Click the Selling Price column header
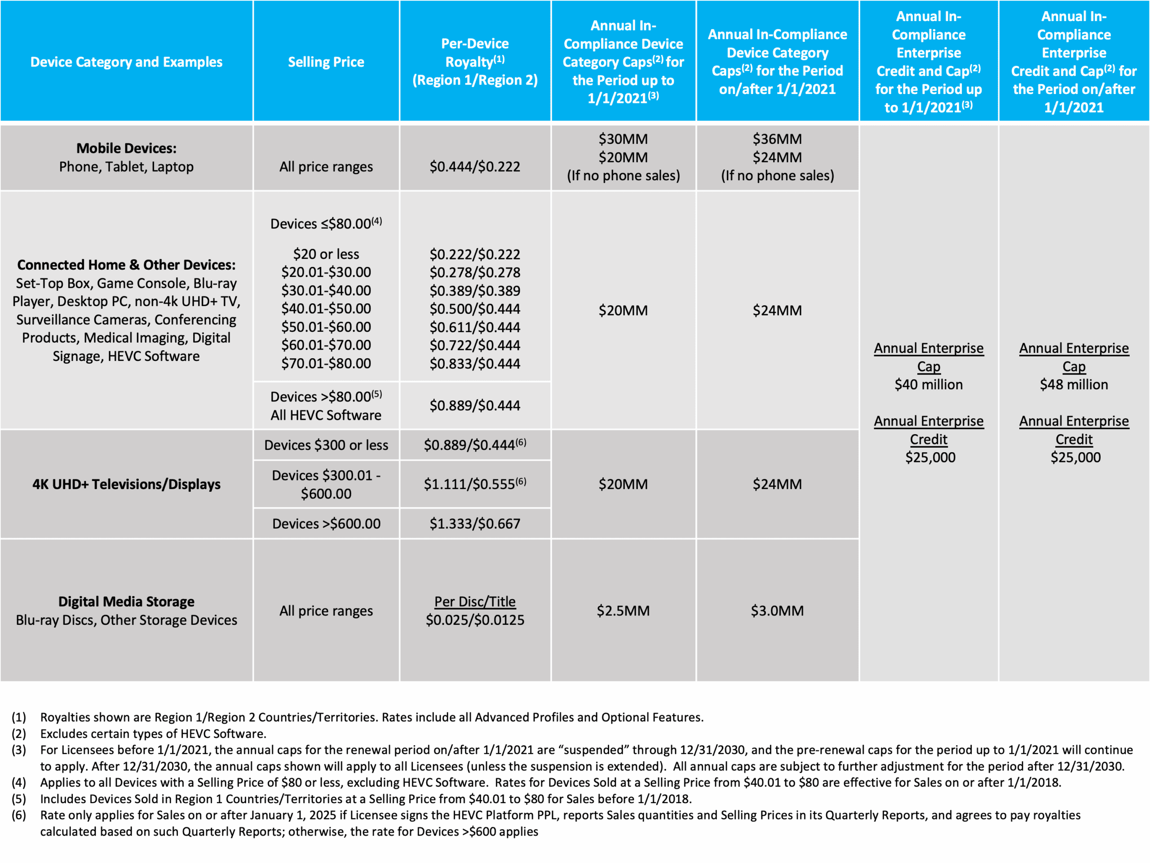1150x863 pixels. click(x=326, y=62)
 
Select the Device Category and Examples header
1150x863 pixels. click(x=126, y=62)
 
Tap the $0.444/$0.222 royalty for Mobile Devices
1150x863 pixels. click(x=475, y=166)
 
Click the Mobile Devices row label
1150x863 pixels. click(x=126, y=149)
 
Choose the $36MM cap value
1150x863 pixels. click(x=777, y=139)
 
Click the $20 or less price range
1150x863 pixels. click(x=326, y=254)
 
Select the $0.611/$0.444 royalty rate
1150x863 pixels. click(x=475, y=327)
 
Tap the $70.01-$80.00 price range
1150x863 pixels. click(x=326, y=364)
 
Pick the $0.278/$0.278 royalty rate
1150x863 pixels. click(x=475, y=272)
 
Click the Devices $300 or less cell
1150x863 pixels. click(x=326, y=445)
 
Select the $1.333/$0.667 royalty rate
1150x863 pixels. click(x=475, y=524)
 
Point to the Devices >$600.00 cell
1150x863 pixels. click(x=326, y=524)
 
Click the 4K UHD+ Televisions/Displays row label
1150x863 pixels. click(x=126, y=484)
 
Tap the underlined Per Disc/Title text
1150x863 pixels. click(x=475, y=602)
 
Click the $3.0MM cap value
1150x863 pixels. click(x=777, y=611)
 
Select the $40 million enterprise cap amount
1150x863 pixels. click(x=929, y=384)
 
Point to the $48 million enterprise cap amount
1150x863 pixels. click(x=1074, y=384)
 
